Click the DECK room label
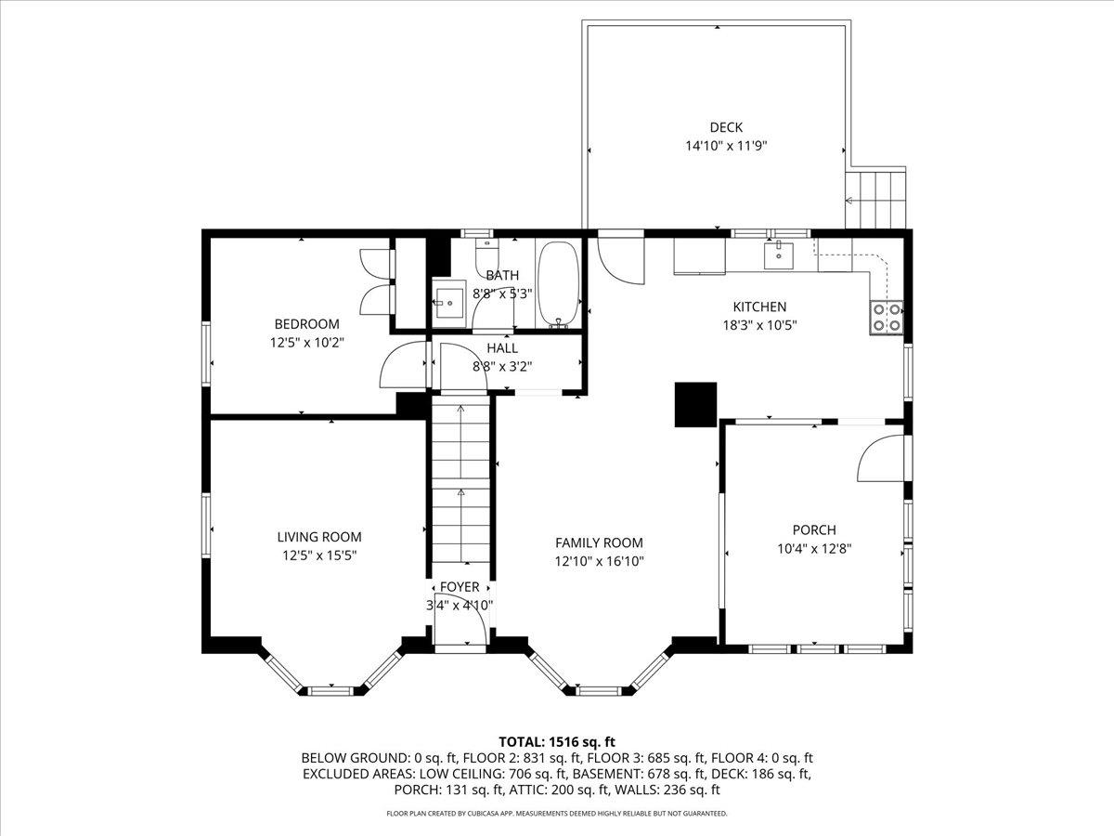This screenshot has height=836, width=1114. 726,127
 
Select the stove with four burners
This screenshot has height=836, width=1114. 887,318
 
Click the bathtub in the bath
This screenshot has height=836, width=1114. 558,285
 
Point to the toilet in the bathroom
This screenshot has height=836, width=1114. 487,255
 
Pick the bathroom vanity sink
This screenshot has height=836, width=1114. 447,303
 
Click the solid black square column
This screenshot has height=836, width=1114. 695,405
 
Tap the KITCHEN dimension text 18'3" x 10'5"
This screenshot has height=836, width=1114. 759,325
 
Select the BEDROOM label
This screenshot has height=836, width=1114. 306,324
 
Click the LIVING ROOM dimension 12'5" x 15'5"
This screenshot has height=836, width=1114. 319,555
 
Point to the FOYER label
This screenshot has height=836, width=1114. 460,587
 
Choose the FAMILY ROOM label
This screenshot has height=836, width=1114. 599,542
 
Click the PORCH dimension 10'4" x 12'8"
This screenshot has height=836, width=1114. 814,549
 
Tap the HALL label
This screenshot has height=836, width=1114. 502,348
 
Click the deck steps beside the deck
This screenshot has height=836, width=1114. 875,200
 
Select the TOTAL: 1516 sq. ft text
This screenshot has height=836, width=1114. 557,742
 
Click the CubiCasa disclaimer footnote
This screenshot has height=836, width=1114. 557,813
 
